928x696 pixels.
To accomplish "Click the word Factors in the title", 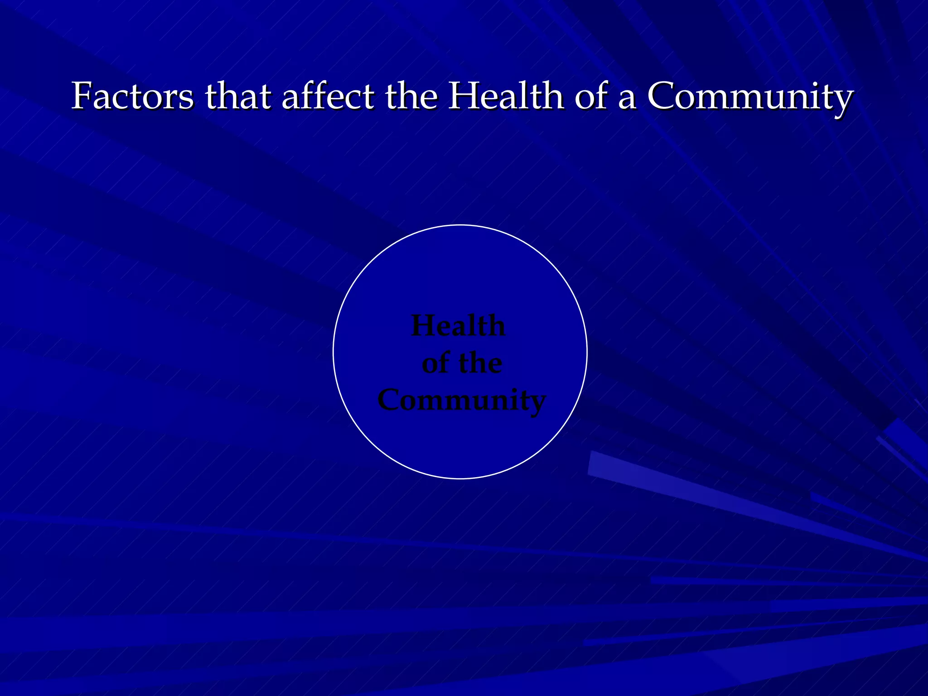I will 132,96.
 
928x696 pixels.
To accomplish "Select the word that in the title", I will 238,96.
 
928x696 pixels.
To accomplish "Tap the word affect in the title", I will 328,96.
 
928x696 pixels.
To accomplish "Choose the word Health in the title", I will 506,96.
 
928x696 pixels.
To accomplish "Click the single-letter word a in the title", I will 627,98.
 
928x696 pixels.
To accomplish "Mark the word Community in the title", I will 750,97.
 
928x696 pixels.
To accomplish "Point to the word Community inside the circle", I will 461,401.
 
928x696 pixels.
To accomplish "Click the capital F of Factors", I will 82,96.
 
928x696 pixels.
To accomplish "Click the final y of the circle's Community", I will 536,403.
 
